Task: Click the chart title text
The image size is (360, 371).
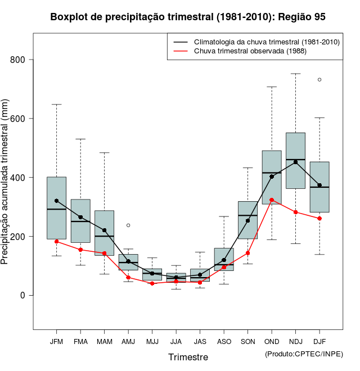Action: pos(188,17)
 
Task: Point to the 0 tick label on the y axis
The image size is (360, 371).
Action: pos(22,295)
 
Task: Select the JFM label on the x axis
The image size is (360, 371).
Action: pos(57,342)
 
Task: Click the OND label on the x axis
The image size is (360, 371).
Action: pos(272,342)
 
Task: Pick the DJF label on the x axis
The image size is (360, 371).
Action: pos(319,342)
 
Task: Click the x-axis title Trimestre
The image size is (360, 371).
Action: pos(188,357)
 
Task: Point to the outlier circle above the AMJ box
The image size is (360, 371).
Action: pos(128,225)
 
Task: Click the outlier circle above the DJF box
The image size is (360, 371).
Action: pos(319,80)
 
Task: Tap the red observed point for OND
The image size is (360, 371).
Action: pos(272,200)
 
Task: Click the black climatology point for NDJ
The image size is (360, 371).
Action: pos(296,162)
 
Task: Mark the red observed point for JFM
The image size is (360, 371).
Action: pos(57,241)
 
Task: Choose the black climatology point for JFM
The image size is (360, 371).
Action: pos(57,201)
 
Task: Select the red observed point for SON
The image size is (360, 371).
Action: pos(247,253)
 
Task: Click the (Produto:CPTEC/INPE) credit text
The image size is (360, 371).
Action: pos(303,354)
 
